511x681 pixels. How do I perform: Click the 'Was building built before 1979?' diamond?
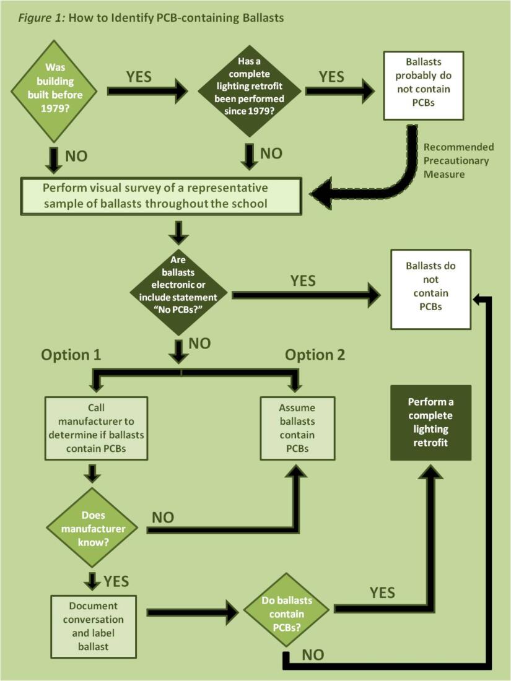(x=55, y=91)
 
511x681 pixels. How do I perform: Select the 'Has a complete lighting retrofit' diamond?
(x=250, y=90)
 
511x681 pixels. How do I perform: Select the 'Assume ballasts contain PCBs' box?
(x=297, y=428)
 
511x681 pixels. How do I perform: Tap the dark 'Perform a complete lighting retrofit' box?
(x=430, y=422)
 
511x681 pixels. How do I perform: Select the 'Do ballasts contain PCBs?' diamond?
(x=286, y=615)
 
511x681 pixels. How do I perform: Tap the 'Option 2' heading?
(x=314, y=355)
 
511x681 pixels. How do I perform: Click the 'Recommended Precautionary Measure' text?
(x=458, y=161)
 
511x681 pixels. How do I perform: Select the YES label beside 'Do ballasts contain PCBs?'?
(x=382, y=592)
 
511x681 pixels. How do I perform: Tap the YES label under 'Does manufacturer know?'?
(x=116, y=581)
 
